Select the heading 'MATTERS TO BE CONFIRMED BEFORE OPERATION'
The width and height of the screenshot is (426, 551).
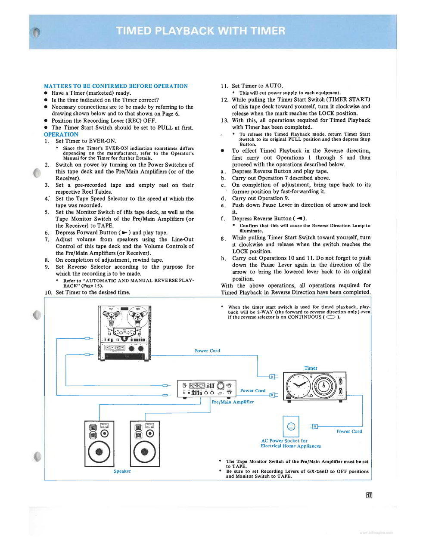(116, 86)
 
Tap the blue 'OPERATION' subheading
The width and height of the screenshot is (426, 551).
(61, 134)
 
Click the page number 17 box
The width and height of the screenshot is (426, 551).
(369, 495)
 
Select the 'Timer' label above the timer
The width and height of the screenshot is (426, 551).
(311, 368)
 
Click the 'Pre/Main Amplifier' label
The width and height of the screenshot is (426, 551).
(233, 402)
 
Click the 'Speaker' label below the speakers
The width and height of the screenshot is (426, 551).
(122, 471)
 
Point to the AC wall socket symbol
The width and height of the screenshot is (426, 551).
(291, 426)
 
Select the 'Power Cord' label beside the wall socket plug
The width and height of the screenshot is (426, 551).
(349, 431)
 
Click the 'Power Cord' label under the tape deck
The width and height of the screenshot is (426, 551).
(207, 351)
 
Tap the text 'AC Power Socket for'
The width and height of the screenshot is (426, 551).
(284, 441)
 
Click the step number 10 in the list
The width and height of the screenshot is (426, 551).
(48, 293)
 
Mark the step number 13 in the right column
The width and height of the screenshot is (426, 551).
(224, 121)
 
